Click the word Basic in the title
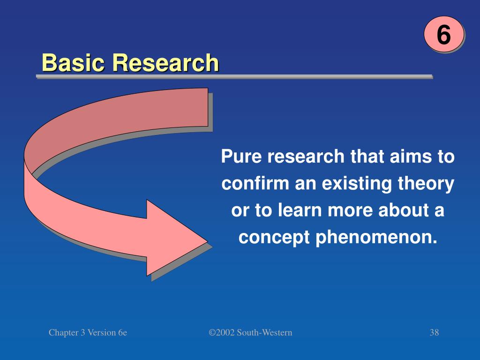coord(73,63)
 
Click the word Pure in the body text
coord(242,157)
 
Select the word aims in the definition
coord(411,157)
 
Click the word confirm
coord(256,184)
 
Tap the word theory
coord(430,184)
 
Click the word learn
coord(299,211)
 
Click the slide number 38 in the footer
coord(434,333)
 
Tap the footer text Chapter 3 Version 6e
coord(88,333)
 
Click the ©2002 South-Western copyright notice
coord(250,333)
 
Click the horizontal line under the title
coord(234,76)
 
